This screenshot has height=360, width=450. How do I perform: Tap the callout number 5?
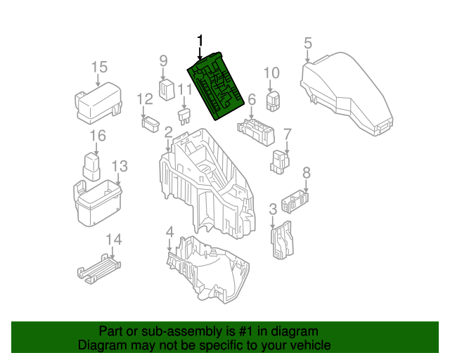tap(307, 44)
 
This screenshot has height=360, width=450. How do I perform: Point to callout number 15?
tap(99, 67)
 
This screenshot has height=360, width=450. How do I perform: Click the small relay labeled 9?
tap(167, 89)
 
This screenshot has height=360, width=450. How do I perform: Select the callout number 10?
tap(271, 73)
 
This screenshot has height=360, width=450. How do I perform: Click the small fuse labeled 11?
tap(184, 114)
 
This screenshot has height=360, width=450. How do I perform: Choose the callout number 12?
tap(145, 99)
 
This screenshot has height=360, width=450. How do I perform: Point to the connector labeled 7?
tap(280, 160)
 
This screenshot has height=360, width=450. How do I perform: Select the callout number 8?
tap(306, 173)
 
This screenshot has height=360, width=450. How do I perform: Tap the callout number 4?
tap(169, 233)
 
